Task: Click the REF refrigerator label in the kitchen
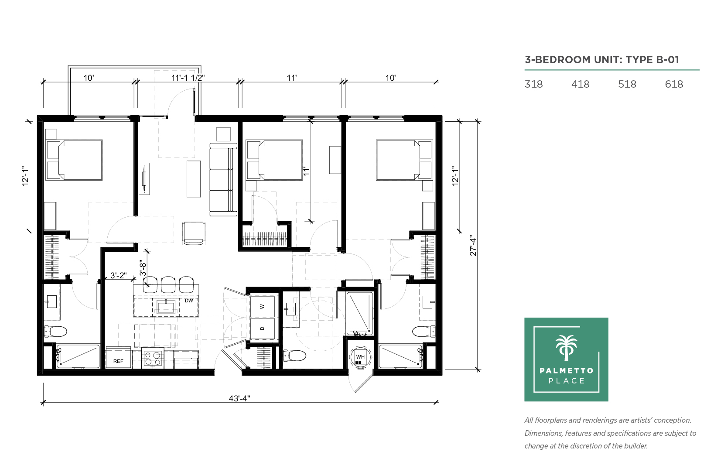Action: click(118, 361)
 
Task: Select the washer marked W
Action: click(262, 306)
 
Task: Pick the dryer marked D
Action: click(262, 329)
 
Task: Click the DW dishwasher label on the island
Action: click(189, 301)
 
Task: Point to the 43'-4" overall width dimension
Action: click(239, 399)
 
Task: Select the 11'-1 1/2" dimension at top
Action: click(188, 78)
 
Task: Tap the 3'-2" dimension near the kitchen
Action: click(118, 275)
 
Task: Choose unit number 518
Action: click(627, 84)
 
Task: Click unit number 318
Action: click(533, 84)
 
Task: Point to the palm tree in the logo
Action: click(566, 348)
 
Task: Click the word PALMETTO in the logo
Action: click(567, 371)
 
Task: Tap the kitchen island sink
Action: click(166, 307)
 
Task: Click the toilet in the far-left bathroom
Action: click(55, 331)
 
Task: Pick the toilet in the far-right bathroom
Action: click(424, 331)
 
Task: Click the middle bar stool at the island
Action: click(168, 284)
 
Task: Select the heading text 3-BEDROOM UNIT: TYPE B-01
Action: click(602, 60)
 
